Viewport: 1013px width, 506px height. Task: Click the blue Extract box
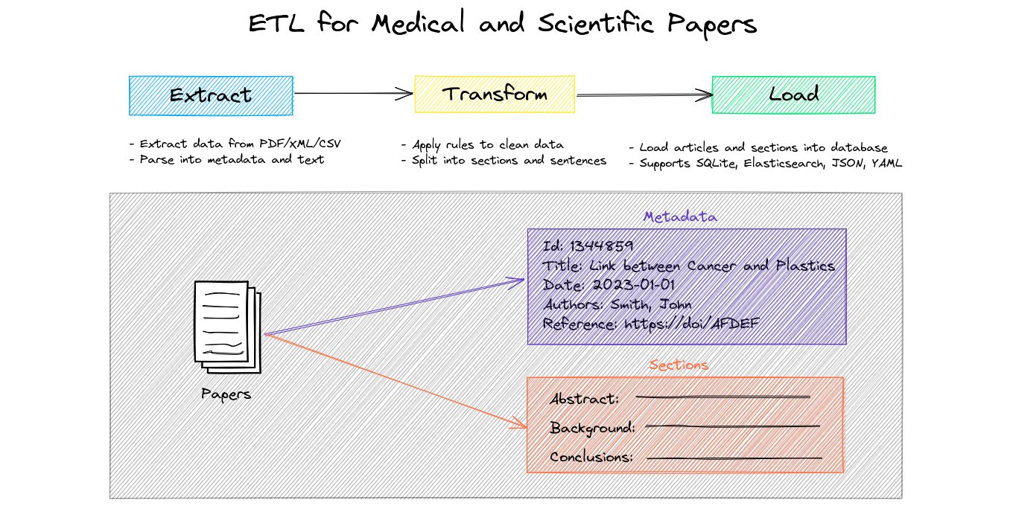210,95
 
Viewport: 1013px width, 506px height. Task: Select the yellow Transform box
495,95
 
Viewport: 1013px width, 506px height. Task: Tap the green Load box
793,95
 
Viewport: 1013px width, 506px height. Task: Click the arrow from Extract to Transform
353,94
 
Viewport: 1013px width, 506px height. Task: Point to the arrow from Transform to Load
644,95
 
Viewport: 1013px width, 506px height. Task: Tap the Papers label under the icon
226,394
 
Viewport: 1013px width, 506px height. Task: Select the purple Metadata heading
680,217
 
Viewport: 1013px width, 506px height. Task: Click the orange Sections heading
678,365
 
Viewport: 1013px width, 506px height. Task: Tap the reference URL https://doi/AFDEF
693,324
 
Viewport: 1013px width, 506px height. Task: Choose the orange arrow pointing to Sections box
395,379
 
